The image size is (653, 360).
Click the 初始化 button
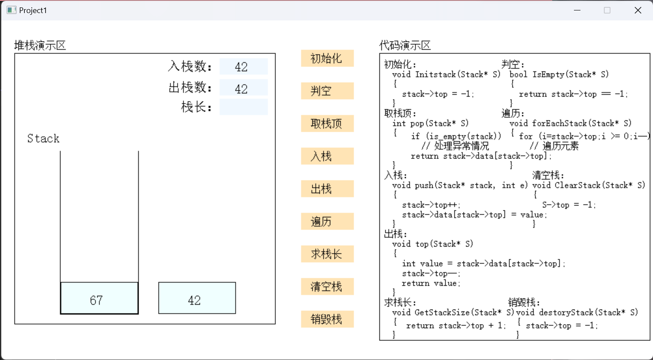coord(327,58)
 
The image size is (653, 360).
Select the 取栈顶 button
coord(327,123)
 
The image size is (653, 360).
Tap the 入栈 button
coord(327,156)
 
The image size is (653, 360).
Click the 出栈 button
coord(327,189)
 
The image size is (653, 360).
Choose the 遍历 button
coord(327,221)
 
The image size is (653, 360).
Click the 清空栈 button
coord(327,287)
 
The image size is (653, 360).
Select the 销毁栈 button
coord(327,319)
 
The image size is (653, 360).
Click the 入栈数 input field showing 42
coord(243,67)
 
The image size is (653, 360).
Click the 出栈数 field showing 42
coord(243,88)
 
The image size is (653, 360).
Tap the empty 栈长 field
coord(243,107)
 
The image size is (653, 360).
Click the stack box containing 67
coord(99,298)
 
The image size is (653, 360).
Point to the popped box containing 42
coord(197,298)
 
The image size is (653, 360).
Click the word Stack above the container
coord(43,139)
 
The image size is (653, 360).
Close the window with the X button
coord(637,10)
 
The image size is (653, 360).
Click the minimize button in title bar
coord(577,10)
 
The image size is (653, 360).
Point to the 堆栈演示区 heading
coord(40,45)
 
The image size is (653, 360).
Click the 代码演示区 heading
coord(405,45)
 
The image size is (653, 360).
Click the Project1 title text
coord(33,10)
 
